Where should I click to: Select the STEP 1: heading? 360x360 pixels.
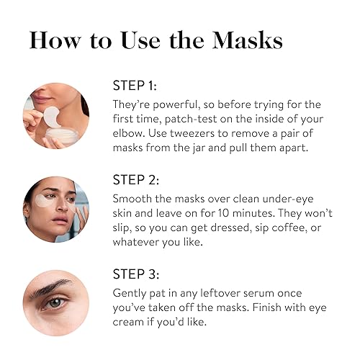click(137, 85)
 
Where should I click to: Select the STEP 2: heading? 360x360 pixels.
click(137, 179)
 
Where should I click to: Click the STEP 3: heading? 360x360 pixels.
click(137, 274)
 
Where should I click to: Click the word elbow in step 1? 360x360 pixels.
click(133, 134)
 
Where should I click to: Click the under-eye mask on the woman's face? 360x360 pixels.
click(46, 206)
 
